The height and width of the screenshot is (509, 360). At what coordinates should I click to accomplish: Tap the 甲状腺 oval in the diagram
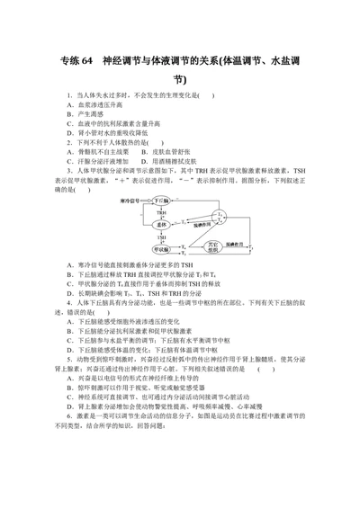pos(159,248)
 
